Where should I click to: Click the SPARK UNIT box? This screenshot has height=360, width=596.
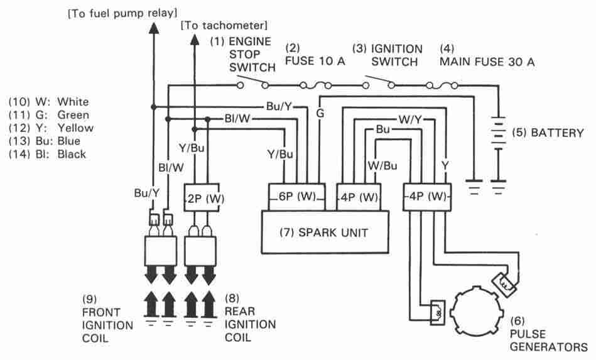[324, 232]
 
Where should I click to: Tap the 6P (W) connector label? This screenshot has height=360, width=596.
[296, 196]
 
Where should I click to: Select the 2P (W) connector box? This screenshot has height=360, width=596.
[205, 199]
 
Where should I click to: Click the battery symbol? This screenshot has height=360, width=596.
[499, 133]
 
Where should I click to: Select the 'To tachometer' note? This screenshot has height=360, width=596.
[224, 26]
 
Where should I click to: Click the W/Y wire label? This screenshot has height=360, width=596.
[409, 118]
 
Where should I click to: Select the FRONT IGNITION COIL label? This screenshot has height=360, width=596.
[107, 319]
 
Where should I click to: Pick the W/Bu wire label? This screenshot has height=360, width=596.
[382, 166]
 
